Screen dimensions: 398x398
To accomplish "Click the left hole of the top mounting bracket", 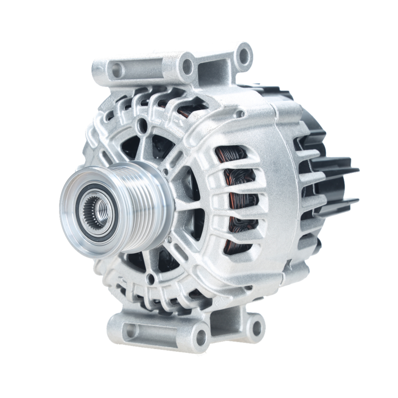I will (x=116, y=70).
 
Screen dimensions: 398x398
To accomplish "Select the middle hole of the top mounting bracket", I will (x=187, y=66).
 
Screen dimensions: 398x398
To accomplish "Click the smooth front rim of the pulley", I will (x=70, y=223).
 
